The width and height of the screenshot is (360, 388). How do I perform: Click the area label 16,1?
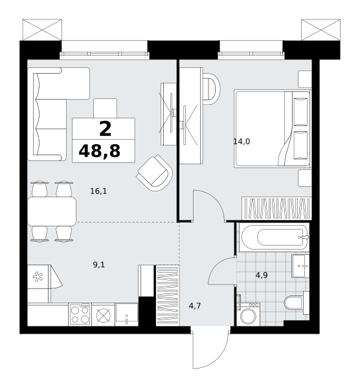coord(98,191)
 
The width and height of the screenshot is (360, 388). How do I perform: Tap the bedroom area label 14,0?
coord(242,142)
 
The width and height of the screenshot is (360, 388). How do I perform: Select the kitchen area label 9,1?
coord(99,265)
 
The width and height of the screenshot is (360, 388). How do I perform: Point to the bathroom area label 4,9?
coord(262,275)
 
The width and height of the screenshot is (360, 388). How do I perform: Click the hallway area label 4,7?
coord(195,306)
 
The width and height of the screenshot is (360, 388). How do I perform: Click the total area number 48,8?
coord(99,151)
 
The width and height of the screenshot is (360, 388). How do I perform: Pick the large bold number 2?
coord(106,129)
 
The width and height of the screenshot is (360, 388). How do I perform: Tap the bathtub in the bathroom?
coord(274,237)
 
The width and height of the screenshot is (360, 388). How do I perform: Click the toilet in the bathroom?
coord(297,303)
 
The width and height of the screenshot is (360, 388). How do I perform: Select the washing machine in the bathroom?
coord(248,314)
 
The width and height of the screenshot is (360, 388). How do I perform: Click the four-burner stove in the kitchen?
coord(80,314)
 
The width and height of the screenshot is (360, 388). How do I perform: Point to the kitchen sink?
coord(127,314)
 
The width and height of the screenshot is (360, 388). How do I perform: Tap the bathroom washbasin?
coord(300,266)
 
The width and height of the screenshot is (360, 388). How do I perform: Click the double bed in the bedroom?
coord(272,129)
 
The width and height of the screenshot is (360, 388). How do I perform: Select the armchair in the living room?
coord(155,173)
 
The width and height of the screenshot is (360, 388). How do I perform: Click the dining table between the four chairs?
coord(52,211)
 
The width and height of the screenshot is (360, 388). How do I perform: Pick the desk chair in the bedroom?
coord(211,89)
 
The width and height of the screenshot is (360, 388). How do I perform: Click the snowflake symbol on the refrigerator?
coord(38,277)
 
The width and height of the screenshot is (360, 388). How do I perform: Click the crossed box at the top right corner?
coord(321,30)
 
